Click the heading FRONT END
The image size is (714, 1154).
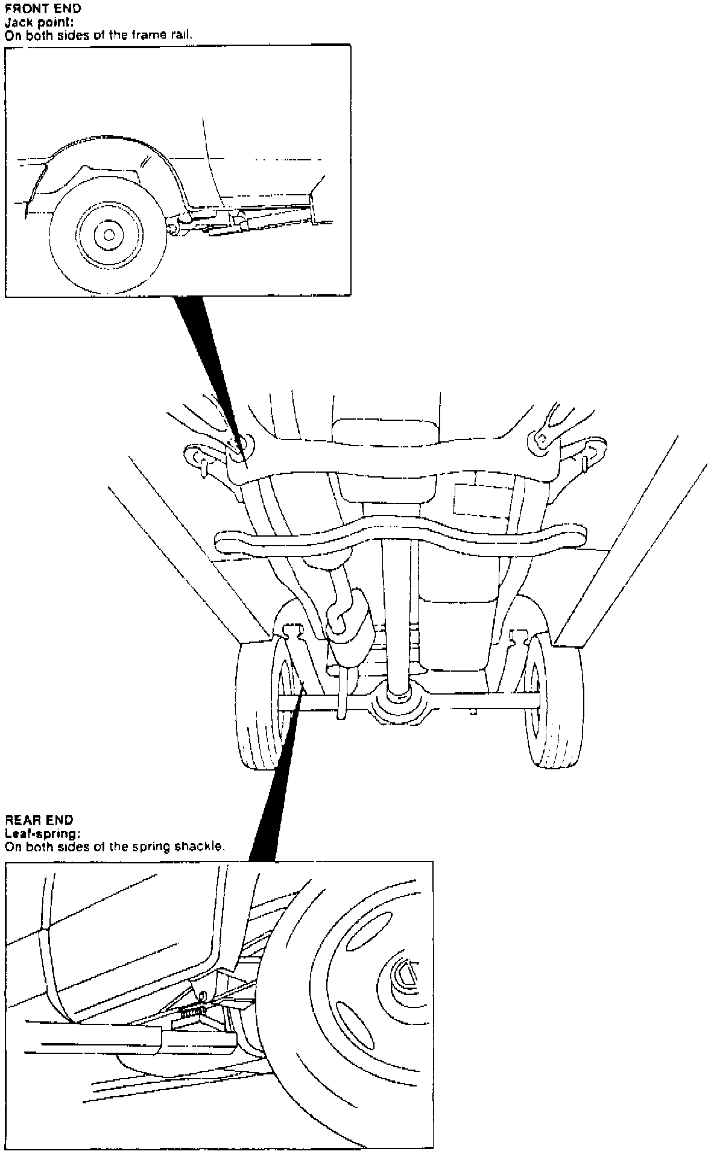tap(43, 9)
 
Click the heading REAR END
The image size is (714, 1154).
tap(39, 820)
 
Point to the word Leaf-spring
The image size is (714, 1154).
tap(42, 833)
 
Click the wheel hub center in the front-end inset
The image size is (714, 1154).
tap(109, 234)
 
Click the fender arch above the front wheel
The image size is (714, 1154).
tap(109, 142)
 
